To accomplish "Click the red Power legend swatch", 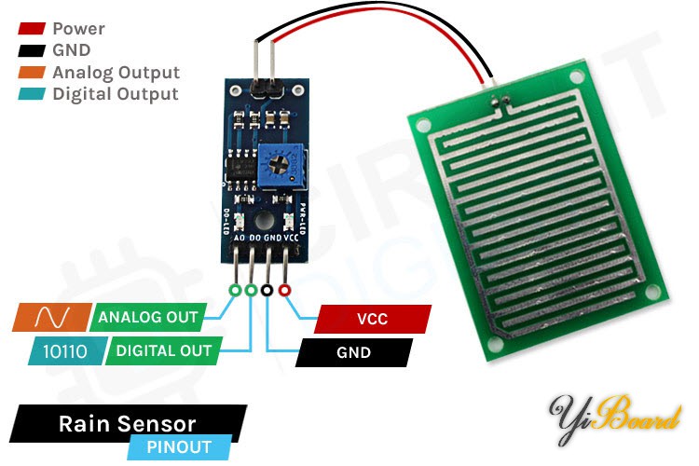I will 32,29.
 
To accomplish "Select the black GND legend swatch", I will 32,50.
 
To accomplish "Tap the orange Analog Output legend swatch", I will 32,73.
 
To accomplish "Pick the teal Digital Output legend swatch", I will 32,94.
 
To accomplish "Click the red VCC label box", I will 372,319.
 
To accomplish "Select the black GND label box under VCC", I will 353,352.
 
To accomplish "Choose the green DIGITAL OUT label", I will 163,351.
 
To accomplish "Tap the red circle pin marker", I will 284,291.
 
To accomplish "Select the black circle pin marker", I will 267,291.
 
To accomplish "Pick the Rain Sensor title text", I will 128,424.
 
